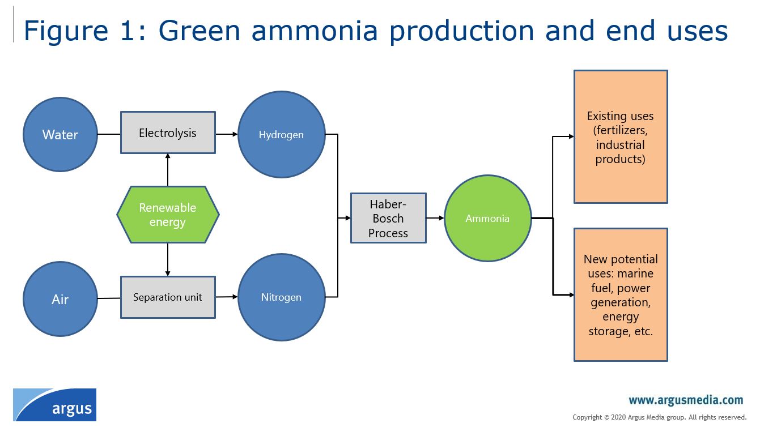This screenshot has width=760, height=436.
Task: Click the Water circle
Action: [60, 135]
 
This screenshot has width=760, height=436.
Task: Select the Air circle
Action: [60, 299]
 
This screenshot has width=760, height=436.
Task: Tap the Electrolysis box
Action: [168, 132]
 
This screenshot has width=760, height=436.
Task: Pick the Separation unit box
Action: [168, 297]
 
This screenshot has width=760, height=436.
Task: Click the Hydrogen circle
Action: [282, 135]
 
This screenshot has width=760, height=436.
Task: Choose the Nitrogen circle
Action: [282, 297]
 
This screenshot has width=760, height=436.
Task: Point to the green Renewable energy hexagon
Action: [168, 215]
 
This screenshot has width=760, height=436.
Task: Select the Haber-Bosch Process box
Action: [388, 218]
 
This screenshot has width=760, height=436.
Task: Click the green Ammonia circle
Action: [487, 218]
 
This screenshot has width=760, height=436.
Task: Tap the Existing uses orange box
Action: [621, 137]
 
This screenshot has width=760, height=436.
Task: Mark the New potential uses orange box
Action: [621, 294]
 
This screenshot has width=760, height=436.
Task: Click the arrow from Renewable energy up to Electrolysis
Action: [168, 170]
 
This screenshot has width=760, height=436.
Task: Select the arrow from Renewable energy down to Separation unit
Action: [168, 259]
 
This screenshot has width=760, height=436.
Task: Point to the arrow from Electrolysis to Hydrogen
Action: [226, 134]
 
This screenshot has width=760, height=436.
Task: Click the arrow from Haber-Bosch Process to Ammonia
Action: [435, 218]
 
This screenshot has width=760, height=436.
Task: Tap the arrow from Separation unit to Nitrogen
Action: [226, 297]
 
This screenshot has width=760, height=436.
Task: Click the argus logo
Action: [55, 405]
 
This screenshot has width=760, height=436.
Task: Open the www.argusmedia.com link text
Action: [686, 400]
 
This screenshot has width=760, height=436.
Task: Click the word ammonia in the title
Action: [315, 31]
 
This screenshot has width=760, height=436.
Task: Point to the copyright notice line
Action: [659, 417]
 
